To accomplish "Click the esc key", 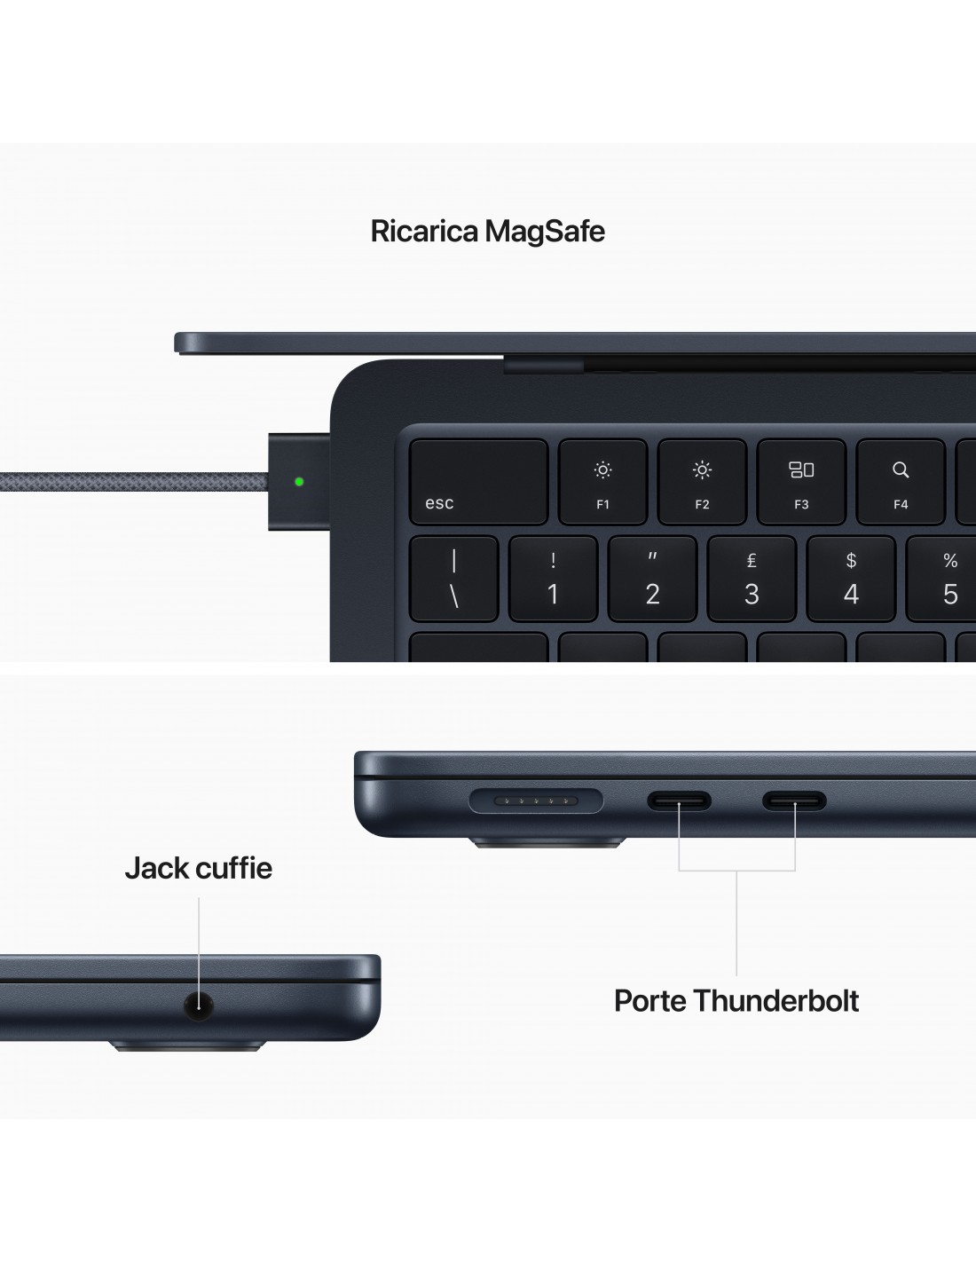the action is (x=478, y=481).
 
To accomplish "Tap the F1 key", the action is (x=602, y=481).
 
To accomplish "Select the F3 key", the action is (x=801, y=481).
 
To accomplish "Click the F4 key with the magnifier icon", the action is (x=901, y=481).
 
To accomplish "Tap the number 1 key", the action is (x=553, y=579).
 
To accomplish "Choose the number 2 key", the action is (x=652, y=579).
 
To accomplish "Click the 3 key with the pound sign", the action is (x=752, y=579).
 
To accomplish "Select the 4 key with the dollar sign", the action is (x=851, y=579).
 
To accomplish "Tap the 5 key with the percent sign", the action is (x=941, y=579).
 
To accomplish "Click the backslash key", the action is (x=453, y=579).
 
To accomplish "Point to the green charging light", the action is (x=299, y=481).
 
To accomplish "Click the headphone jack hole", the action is (x=199, y=1006).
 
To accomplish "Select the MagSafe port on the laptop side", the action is (x=536, y=801).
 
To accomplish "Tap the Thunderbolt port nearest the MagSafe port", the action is (x=679, y=801).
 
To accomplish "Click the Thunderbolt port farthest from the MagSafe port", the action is (x=794, y=801).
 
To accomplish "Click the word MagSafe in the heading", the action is (x=545, y=232).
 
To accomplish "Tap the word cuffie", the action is (x=232, y=868).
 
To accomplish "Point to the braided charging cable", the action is (x=134, y=482).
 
